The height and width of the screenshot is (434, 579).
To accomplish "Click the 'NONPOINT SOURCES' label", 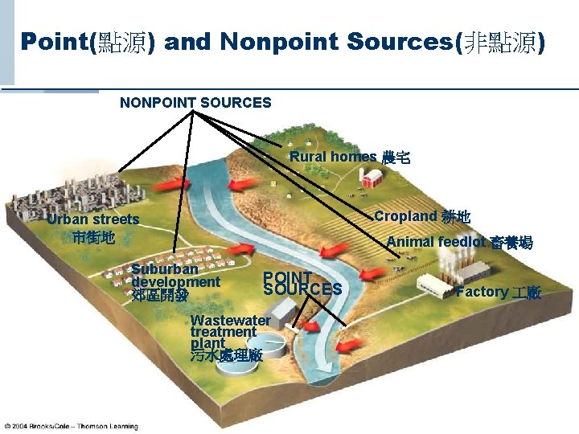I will (x=195, y=103).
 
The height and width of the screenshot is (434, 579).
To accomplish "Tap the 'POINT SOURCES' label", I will (x=302, y=282).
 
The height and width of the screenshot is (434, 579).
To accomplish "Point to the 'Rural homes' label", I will (x=333, y=157).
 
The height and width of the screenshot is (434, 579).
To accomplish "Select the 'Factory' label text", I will (x=482, y=292).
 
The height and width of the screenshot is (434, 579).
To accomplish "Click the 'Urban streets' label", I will (x=92, y=219).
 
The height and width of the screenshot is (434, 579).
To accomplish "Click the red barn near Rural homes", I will (x=371, y=178).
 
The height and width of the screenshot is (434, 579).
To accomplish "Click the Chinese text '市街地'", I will (x=92, y=237).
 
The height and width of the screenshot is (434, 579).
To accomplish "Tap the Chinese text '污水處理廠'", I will (x=226, y=354).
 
